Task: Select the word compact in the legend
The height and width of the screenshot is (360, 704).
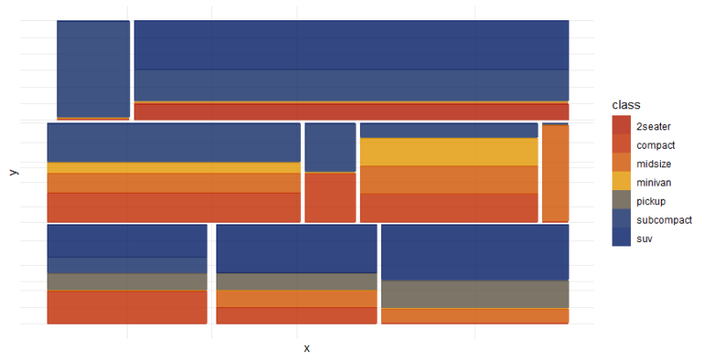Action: (x=656, y=144)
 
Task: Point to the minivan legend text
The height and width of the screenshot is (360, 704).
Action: (x=655, y=182)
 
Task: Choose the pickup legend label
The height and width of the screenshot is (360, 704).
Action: (x=651, y=201)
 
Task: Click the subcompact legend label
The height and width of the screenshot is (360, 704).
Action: (x=664, y=219)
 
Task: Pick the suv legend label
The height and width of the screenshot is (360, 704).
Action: (x=644, y=238)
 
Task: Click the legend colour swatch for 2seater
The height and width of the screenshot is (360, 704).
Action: (x=621, y=126)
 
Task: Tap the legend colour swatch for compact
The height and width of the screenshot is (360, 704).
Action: (x=621, y=144)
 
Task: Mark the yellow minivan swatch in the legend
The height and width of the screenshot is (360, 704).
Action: (x=621, y=182)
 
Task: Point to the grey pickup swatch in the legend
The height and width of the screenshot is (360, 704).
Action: (x=621, y=201)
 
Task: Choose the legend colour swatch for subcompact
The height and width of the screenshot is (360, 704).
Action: (x=621, y=219)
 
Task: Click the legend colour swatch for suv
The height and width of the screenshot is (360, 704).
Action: (x=621, y=238)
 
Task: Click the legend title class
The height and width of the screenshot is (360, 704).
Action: (x=626, y=106)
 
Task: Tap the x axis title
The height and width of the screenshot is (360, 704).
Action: (x=306, y=348)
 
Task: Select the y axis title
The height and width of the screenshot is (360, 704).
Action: (x=13, y=173)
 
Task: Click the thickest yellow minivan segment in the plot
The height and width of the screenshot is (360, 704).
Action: (x=449, y=151)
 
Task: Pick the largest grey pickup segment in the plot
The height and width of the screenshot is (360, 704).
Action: (x=474, y=294)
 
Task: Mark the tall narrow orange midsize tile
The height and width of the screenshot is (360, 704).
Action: (x=555, y=173)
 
